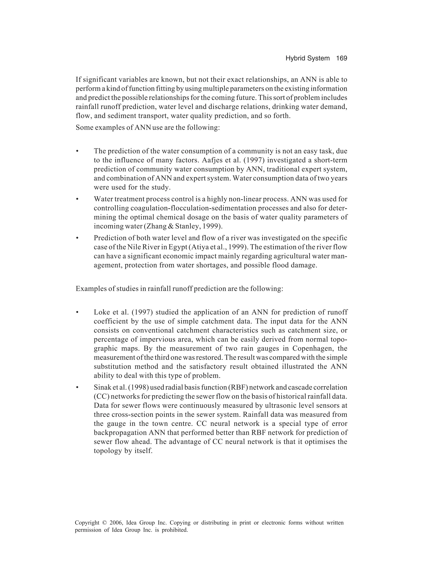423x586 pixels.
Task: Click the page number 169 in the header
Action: click(341, 58)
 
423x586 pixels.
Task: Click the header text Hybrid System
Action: click(307, 58)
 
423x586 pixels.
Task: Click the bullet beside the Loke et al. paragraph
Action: click(77, 312)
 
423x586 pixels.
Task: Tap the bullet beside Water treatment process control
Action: click(77, 199)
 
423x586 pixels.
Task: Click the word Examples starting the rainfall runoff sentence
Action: click(89, 289)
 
